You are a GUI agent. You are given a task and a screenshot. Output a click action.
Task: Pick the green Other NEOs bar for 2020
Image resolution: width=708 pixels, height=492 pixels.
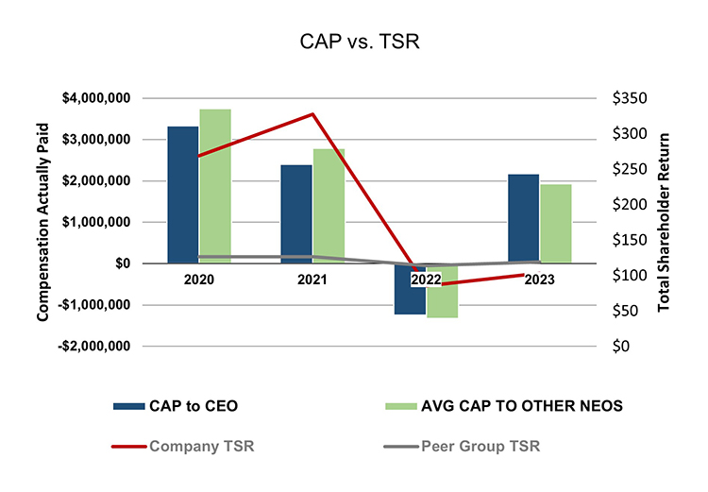(x=215, y=185)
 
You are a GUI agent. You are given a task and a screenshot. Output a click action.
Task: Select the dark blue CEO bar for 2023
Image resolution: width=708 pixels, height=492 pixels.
(x=524, y=218)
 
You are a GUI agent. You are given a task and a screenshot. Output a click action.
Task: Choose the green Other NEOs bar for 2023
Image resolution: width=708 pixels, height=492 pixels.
(x=556, y=223)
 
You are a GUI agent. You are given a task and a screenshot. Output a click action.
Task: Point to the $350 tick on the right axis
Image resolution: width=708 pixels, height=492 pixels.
(x=629, y=98)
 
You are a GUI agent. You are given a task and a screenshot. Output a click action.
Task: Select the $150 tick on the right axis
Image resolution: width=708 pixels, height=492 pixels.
(x=629, y=240)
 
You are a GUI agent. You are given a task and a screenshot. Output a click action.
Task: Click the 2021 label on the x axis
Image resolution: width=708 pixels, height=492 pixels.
(x=312, y=280)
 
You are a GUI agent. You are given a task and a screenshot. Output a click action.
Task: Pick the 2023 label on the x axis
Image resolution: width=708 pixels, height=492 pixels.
(x=540, y=280)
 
